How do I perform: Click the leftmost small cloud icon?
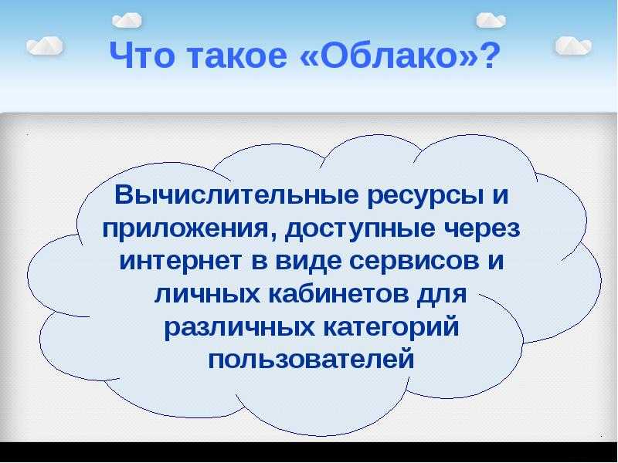(x=45, y=46)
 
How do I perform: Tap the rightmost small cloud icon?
(x=573, y=46)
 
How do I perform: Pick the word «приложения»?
(x=187, y=229)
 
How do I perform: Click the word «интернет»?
(x=181, y=261)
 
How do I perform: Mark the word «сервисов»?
(x=415, y=261)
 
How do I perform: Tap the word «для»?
(x=442, y=294)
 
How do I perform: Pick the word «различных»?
(x=239, y=327)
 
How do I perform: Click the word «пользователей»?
(x=311, y=359)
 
